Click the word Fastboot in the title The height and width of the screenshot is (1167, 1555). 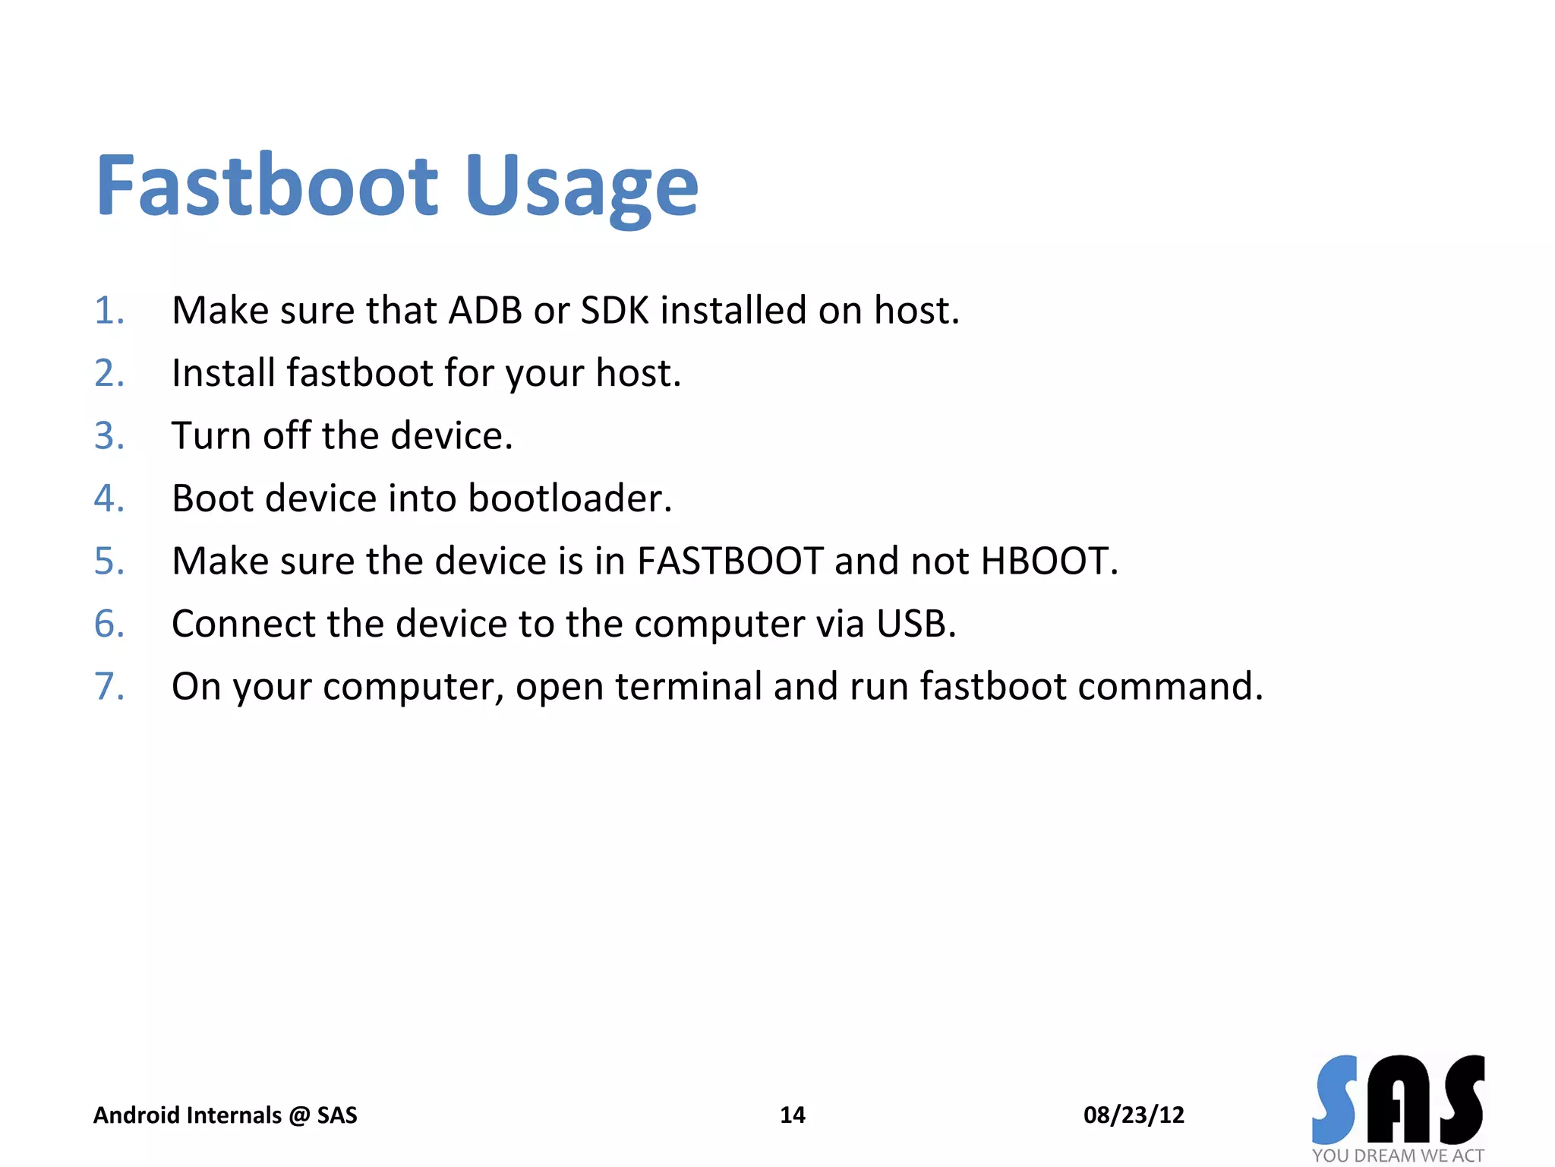(x=267, y=185)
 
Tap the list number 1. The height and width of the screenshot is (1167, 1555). (x=109, y=311)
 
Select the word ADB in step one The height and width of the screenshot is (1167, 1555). (x=485, y=311)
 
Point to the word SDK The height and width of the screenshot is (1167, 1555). (x=615, y=311)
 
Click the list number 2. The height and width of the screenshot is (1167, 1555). (x=109, y=373)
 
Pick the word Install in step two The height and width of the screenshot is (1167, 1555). (x=223, y=373)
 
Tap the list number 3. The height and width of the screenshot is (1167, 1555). (x=109, y=436)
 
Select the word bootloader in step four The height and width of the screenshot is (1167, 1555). (x=569, y=498)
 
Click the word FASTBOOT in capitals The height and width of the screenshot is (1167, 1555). (x=730, y=561)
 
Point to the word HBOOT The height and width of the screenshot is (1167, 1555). (x=1049, y=561)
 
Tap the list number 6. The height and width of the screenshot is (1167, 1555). (x=109, y=624)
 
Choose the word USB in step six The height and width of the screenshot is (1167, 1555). (x=915, y=624)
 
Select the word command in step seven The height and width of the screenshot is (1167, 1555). (x=1170, y=686)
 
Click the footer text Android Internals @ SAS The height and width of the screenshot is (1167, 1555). (x=225, y=1115)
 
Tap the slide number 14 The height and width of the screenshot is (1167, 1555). (x=792, y=1115)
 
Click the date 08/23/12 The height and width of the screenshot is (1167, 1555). (x=1134, y=1115)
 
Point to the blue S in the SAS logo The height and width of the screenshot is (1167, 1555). (x=1336, y=1099)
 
